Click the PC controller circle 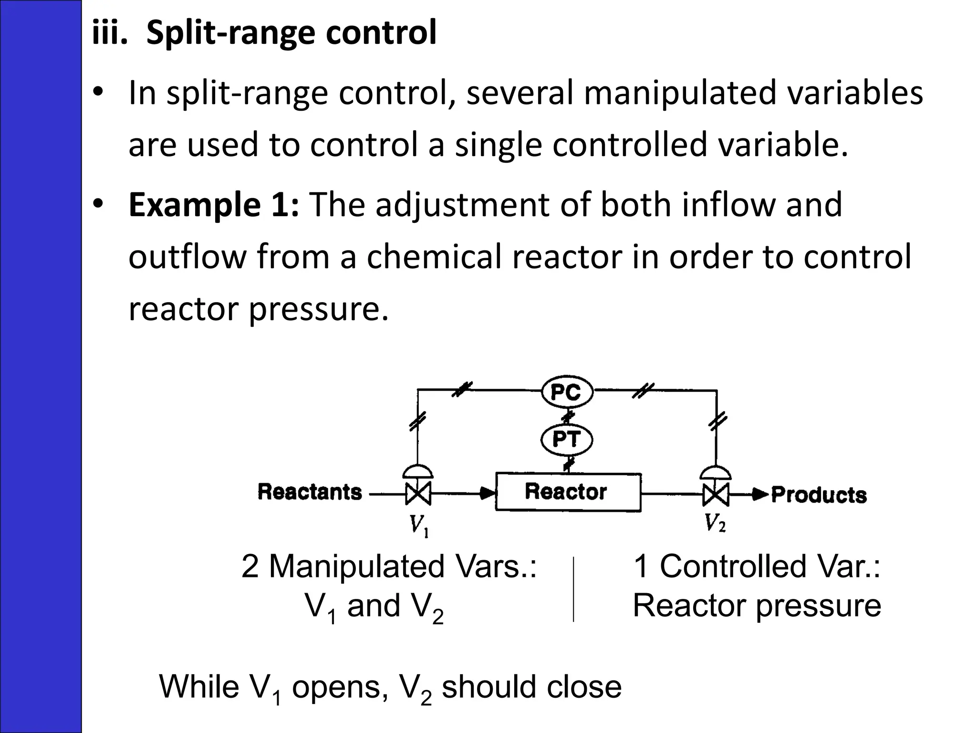pos(567,392)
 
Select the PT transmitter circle pos(567,439)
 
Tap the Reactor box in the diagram pos(568,492)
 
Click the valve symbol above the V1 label pos(418,493)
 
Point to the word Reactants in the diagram pos(310,492)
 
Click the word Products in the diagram pos(819,495)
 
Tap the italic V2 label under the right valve pos(715,524)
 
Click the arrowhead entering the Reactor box pos(487,493)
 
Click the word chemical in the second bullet pos(434,256)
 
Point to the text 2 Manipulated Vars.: pos(389,566)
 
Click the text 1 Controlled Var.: pos(757,566)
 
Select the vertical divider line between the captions pos(573,589)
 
